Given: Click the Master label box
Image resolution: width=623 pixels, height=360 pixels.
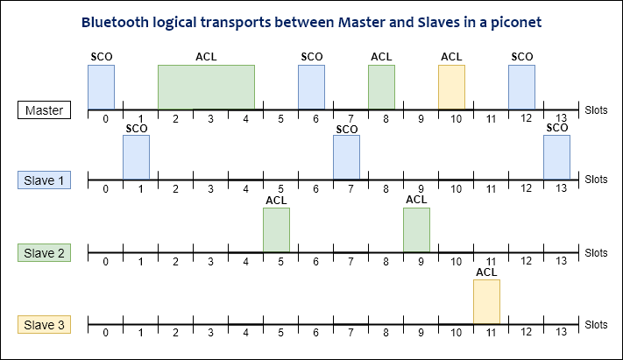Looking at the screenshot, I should (44, 110).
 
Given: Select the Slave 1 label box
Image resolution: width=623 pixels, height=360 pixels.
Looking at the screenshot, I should (44, 180).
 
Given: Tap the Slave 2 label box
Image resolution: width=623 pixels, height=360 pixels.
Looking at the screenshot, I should (44, 252).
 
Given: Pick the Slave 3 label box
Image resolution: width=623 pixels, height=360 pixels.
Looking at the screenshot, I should (44, 325).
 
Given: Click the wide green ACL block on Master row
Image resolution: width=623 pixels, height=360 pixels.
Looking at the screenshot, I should (206, 87).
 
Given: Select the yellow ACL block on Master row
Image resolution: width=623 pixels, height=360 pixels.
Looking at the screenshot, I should (451, 87).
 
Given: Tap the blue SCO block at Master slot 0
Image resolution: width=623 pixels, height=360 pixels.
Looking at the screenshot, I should (101, 87).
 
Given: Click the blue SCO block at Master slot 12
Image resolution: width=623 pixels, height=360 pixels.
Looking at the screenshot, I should (521, 87).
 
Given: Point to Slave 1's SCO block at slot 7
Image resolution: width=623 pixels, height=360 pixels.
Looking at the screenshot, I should (346, 157).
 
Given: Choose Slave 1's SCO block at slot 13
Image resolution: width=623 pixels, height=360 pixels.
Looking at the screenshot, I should (556, 157).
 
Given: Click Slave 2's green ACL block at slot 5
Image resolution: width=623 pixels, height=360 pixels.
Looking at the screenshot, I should (276, 229).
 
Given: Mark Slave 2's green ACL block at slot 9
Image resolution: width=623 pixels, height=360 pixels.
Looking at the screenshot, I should (416, 229).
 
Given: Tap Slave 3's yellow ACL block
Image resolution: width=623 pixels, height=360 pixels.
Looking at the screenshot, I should (486, 301).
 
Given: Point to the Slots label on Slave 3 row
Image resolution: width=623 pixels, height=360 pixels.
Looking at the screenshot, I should (596, 324).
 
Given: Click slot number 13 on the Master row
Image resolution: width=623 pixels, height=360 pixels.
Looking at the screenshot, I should (561, 117).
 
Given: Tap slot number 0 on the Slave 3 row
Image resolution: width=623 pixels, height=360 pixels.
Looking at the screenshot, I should (105, 332).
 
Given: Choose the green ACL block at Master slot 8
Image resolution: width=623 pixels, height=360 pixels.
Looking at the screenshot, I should (381, 87).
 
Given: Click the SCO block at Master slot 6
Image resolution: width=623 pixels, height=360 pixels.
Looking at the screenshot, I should (311, 87).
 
